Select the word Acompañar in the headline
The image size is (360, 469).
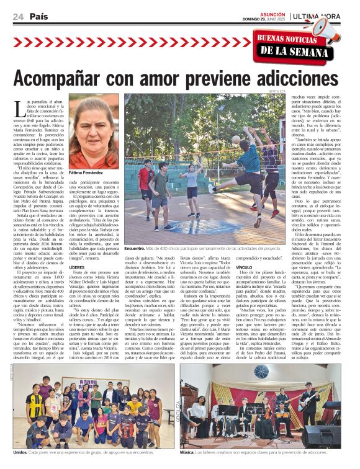pos(73,78)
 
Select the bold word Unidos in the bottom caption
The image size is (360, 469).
pos(21,453)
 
